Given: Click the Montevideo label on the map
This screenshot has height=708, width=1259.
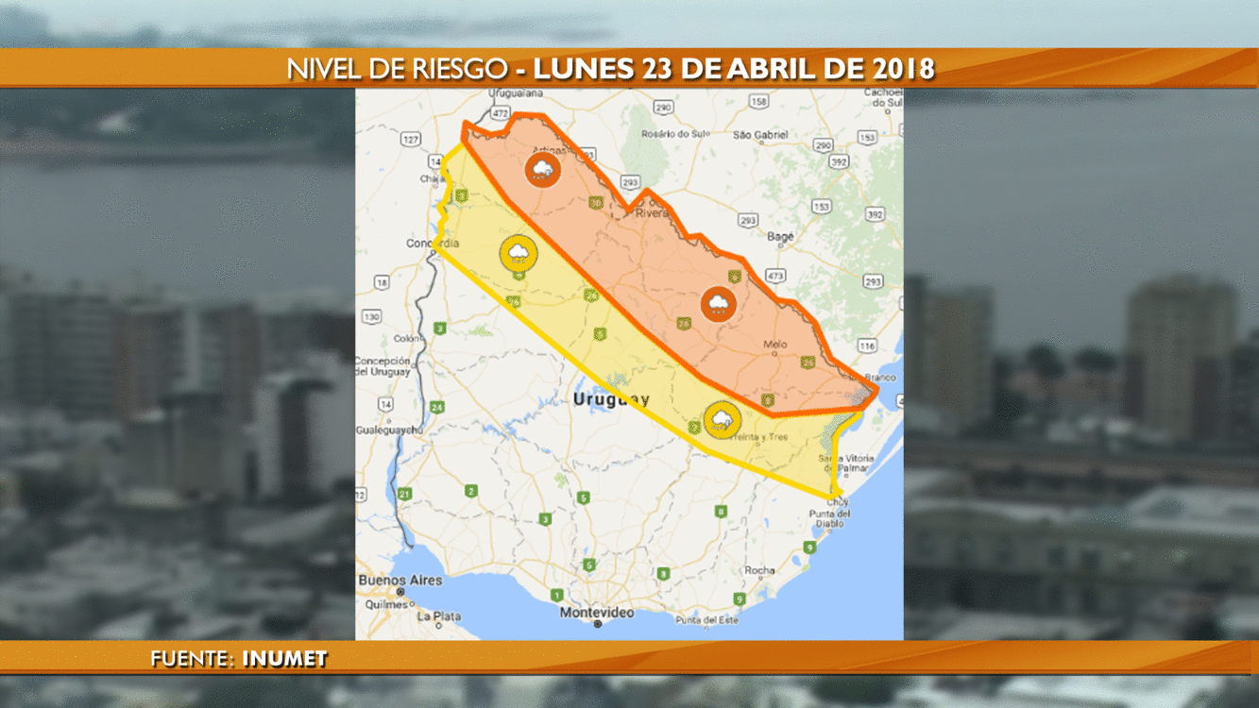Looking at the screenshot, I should pyautogui.click(x=596, y=612).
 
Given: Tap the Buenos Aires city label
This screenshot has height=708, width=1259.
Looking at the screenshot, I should pyautogui.click(x=400, y=580).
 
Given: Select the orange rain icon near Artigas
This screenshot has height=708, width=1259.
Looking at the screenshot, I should pyautogui.click(x=542, y=170).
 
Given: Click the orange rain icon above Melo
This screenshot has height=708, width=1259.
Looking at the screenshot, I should pyautogui.click(x=719, y=304).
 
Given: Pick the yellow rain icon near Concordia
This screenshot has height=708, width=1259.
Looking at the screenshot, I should pyautogui.click(x=519, y=253).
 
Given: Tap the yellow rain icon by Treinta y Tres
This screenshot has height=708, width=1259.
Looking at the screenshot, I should pyautogui.click(x=722, y=419).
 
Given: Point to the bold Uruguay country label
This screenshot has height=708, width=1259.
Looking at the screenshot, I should pyautogui.click(x=611, y=400).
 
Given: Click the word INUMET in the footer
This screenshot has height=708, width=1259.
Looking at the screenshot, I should pyautogui.click(x=284, y=659).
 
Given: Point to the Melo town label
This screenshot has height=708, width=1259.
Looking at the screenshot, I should pyautogui.click(x=774, y=345).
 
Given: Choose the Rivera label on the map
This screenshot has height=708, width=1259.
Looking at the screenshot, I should pyautogui.click(x=651, y=213).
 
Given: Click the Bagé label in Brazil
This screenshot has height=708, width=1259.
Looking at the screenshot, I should pyautogui.click(x=780, y=236).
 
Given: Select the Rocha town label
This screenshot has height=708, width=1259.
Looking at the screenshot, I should pyautogui.click(x=759, y=570).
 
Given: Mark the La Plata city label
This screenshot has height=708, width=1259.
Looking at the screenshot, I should pyautogui.click(x=440, y=616).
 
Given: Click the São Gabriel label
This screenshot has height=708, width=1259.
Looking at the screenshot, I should pyautogui.click(x=760, y=135).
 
